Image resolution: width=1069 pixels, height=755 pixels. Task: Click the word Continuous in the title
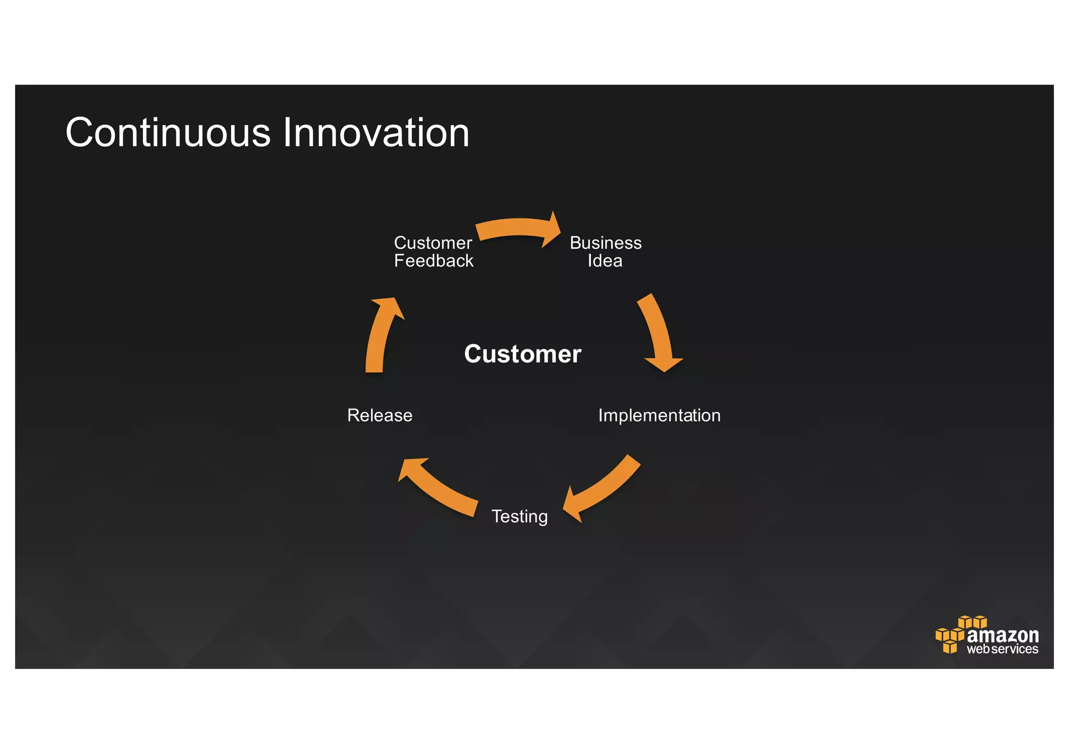coord(168,133)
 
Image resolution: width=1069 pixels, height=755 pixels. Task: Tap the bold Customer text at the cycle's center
coord(522,354)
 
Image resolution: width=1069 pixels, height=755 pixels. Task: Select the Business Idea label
coord(605,251)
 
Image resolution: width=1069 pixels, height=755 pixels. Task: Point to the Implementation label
coord(659,415)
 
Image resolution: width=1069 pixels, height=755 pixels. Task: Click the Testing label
coord(520,516)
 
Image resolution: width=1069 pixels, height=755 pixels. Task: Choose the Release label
coord(380,415)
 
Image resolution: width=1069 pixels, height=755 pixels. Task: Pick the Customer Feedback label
coord(433,251)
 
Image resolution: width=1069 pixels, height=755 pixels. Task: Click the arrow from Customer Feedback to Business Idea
coord(517,229)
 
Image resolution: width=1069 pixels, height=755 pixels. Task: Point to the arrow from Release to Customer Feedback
coord(381,334)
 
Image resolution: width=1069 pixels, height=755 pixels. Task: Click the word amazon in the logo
coord(1003,636)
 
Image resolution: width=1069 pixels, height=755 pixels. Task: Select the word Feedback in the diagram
coord(434,261)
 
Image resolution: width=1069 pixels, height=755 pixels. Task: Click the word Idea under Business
coord(605,261)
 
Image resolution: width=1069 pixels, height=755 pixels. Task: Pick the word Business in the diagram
coord(605,243)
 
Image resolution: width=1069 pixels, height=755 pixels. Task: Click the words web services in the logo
coord(1002,650)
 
